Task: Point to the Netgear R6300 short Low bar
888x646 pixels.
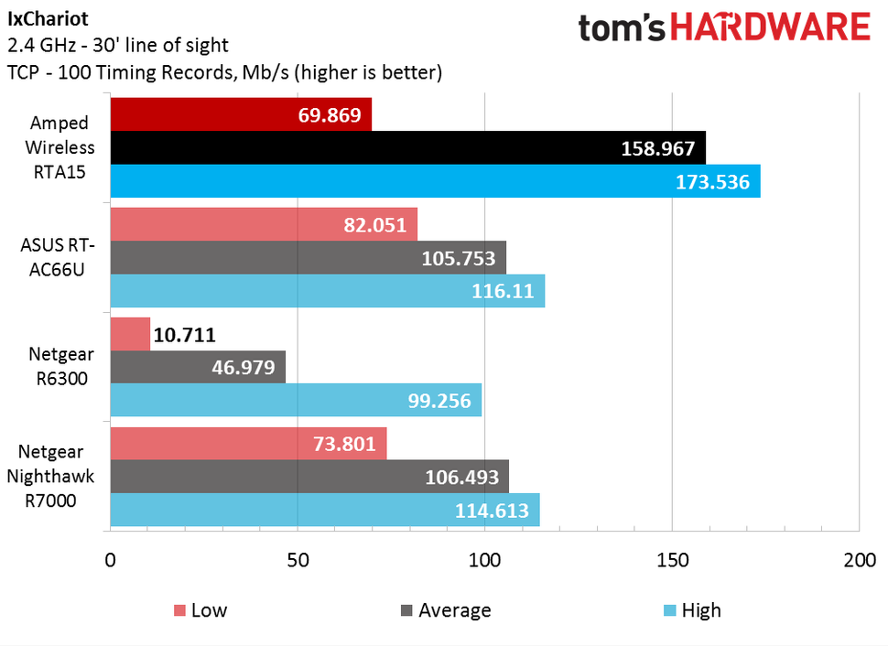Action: (x=130, y=334)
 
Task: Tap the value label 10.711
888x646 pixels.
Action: (x=185, y=335)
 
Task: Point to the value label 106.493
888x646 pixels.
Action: (x=462, y=478)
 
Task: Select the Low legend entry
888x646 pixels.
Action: (x=200, y=610)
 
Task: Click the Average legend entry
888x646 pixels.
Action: (x=445, y=610)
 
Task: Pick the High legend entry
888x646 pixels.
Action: (x=690, y=610)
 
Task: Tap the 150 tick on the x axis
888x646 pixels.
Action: (x=672, y=560)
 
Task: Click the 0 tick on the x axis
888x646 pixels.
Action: (x=111, y=560)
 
